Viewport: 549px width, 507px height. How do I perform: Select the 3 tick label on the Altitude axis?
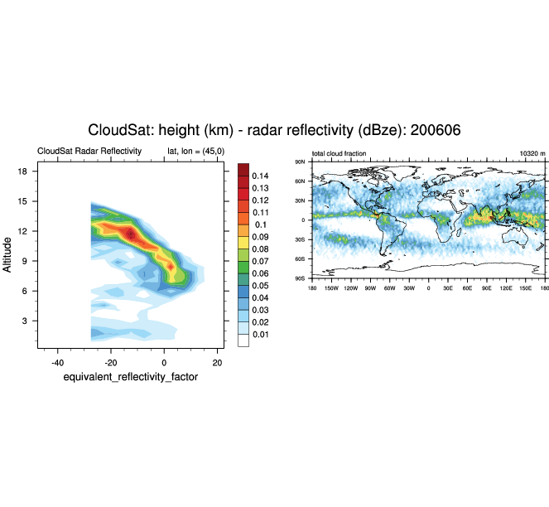point(26,321)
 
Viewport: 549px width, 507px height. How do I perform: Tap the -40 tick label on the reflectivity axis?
point(57,362)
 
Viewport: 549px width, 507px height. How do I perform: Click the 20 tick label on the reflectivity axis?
point(217,362)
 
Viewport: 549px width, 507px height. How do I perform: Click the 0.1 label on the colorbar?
point(258,225)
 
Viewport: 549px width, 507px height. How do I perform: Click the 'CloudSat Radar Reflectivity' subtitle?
point(89,152)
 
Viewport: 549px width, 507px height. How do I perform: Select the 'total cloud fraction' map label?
point(340,153)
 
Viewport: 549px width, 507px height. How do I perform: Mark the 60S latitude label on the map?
point(301,259)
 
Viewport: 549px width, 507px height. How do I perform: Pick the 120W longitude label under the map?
point(351,287)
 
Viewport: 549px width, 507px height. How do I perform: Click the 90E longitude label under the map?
point(486,287)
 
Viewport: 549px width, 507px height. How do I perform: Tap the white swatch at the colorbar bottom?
point(243,340)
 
